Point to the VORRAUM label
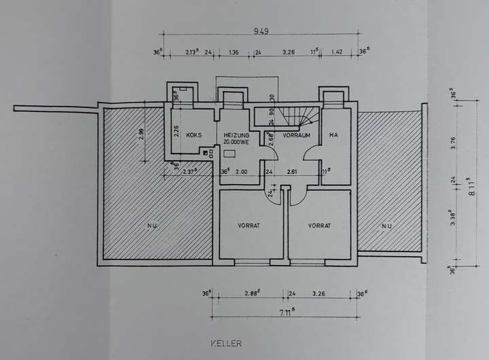coord(297,135)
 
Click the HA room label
coord(333,135)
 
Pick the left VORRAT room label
coord(249,226)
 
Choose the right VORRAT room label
coord(319,226)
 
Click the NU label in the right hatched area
coord(386,226)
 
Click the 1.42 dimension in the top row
coord(336,51)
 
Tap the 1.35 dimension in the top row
coord(233,51)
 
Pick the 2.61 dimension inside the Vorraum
coord(293,172)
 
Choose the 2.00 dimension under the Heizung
coord(241,172)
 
